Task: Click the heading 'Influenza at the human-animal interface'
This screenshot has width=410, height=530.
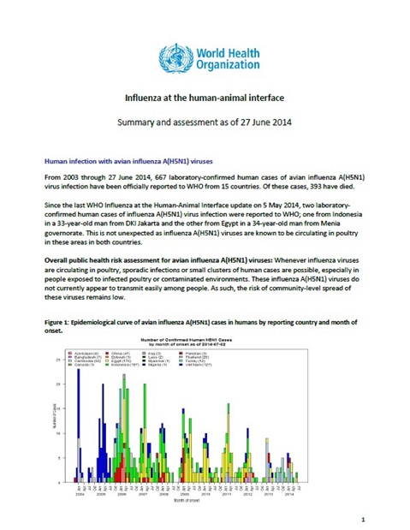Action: pyautogui.click(x=205, y=99)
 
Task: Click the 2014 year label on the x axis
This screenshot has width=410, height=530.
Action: pyautogui.click(x=291, y=494)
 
